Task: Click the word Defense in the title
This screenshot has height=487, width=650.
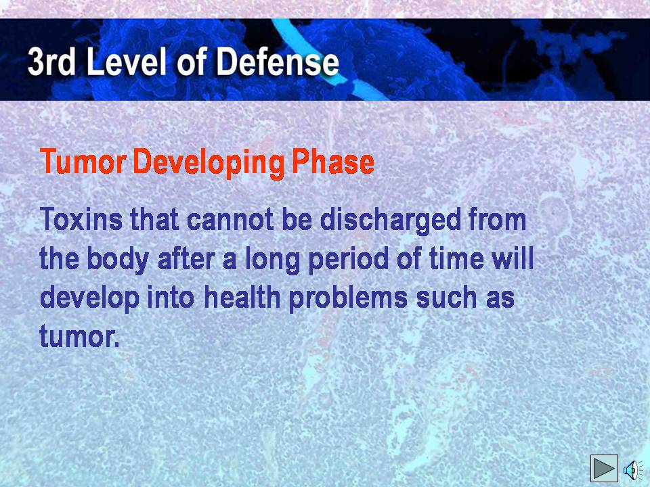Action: tap(277, 62)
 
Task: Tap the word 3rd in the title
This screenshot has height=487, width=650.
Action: tap(52, 62)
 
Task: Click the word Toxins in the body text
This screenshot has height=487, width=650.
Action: tap(81, 218)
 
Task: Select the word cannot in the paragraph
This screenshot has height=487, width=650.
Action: tap(230, 219)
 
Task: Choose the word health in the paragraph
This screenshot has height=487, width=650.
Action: tap(242, 298)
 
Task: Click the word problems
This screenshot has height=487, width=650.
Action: tap(348, 299)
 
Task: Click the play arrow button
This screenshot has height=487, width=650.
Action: tap(604, 468)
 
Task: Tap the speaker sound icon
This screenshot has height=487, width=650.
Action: tap(632, 469)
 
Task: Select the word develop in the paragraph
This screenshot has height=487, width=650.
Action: tap(89, 299)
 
